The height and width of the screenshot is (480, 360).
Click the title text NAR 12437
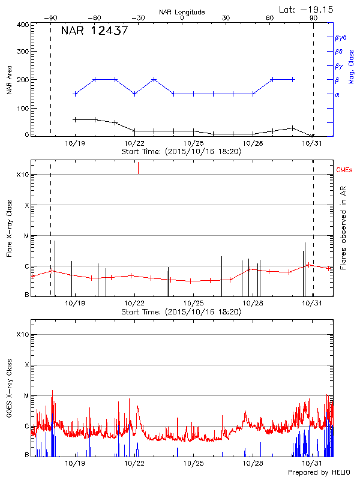pos(94,31)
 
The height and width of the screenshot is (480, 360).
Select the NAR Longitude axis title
pos(182,12)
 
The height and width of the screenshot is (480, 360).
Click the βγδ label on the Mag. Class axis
pos(340,37)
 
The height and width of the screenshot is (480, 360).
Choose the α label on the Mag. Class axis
pos(337,94)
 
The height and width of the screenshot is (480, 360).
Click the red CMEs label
pos(346,171)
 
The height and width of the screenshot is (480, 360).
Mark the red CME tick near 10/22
pos(139,168)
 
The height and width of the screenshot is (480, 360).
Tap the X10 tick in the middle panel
pos(23,175)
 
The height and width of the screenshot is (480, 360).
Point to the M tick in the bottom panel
pos(26,396)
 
